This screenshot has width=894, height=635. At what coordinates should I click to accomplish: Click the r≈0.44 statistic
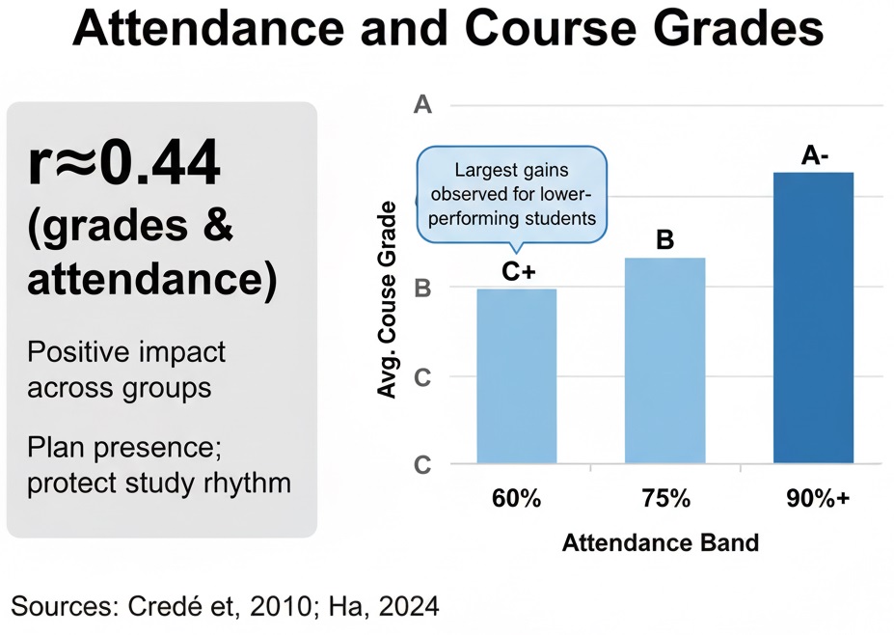[x=124, y=165]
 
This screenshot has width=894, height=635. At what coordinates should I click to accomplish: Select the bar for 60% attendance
[x=516, y=376]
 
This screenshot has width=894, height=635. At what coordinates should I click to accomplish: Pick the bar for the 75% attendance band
[x=665, y=361]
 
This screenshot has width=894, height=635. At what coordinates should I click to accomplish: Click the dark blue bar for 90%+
[x=814, y=318]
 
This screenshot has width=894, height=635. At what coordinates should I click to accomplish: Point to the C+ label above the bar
[x=518, y=272]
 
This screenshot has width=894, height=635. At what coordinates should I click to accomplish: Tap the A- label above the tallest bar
[x=815, y=154]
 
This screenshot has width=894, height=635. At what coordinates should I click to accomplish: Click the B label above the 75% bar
[x=664, y=240]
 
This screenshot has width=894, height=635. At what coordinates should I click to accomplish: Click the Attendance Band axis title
[x=661, y=542]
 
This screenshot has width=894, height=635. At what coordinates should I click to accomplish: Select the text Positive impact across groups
[x=126, y=369]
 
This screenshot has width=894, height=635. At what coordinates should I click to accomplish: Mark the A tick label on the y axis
[x=421, y=105]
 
